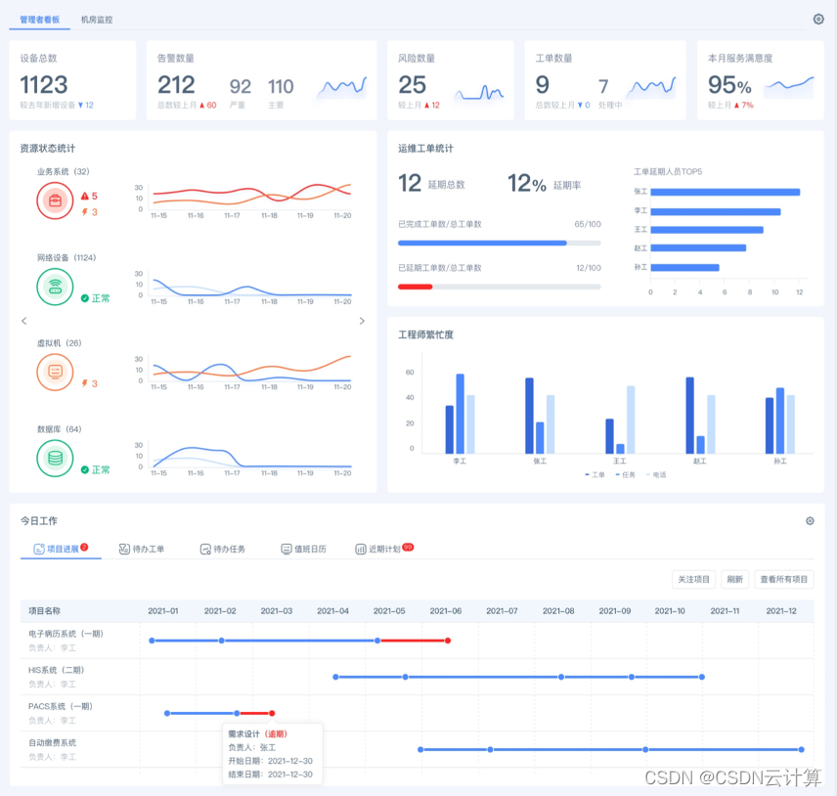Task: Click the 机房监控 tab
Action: [96, 19]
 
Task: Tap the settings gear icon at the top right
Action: [818, 19]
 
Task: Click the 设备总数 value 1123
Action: [44, 85]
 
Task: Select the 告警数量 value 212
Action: [176, 85]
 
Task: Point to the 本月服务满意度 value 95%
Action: [729, 85]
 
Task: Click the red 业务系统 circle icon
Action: [55, 201]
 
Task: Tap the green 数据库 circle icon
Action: [55, 458]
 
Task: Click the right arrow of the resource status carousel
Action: [362, 321]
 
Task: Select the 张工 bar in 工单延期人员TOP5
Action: [725, 192]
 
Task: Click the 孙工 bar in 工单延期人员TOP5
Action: [684, 267]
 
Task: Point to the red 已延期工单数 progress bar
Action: [415, 287]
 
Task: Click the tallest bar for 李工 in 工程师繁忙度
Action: [460, 413]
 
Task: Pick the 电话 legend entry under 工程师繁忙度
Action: [657, 474]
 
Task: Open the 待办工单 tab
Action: [142, 549]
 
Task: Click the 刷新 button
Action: [734, 579]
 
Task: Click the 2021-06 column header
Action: [445, 611]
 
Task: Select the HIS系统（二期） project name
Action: [56, 670]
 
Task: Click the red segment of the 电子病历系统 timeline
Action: [414, 641]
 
